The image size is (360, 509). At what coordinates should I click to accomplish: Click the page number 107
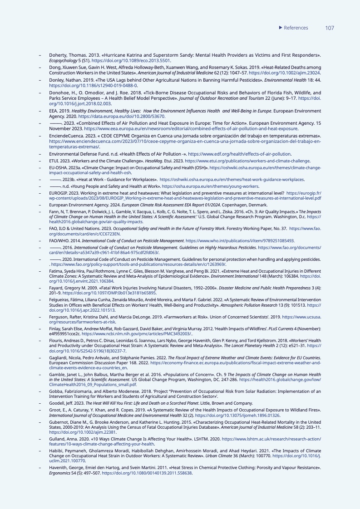coord(330,28)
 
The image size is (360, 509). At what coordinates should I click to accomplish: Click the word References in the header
coord(296,28)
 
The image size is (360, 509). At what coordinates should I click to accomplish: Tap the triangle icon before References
coord(280,28)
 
